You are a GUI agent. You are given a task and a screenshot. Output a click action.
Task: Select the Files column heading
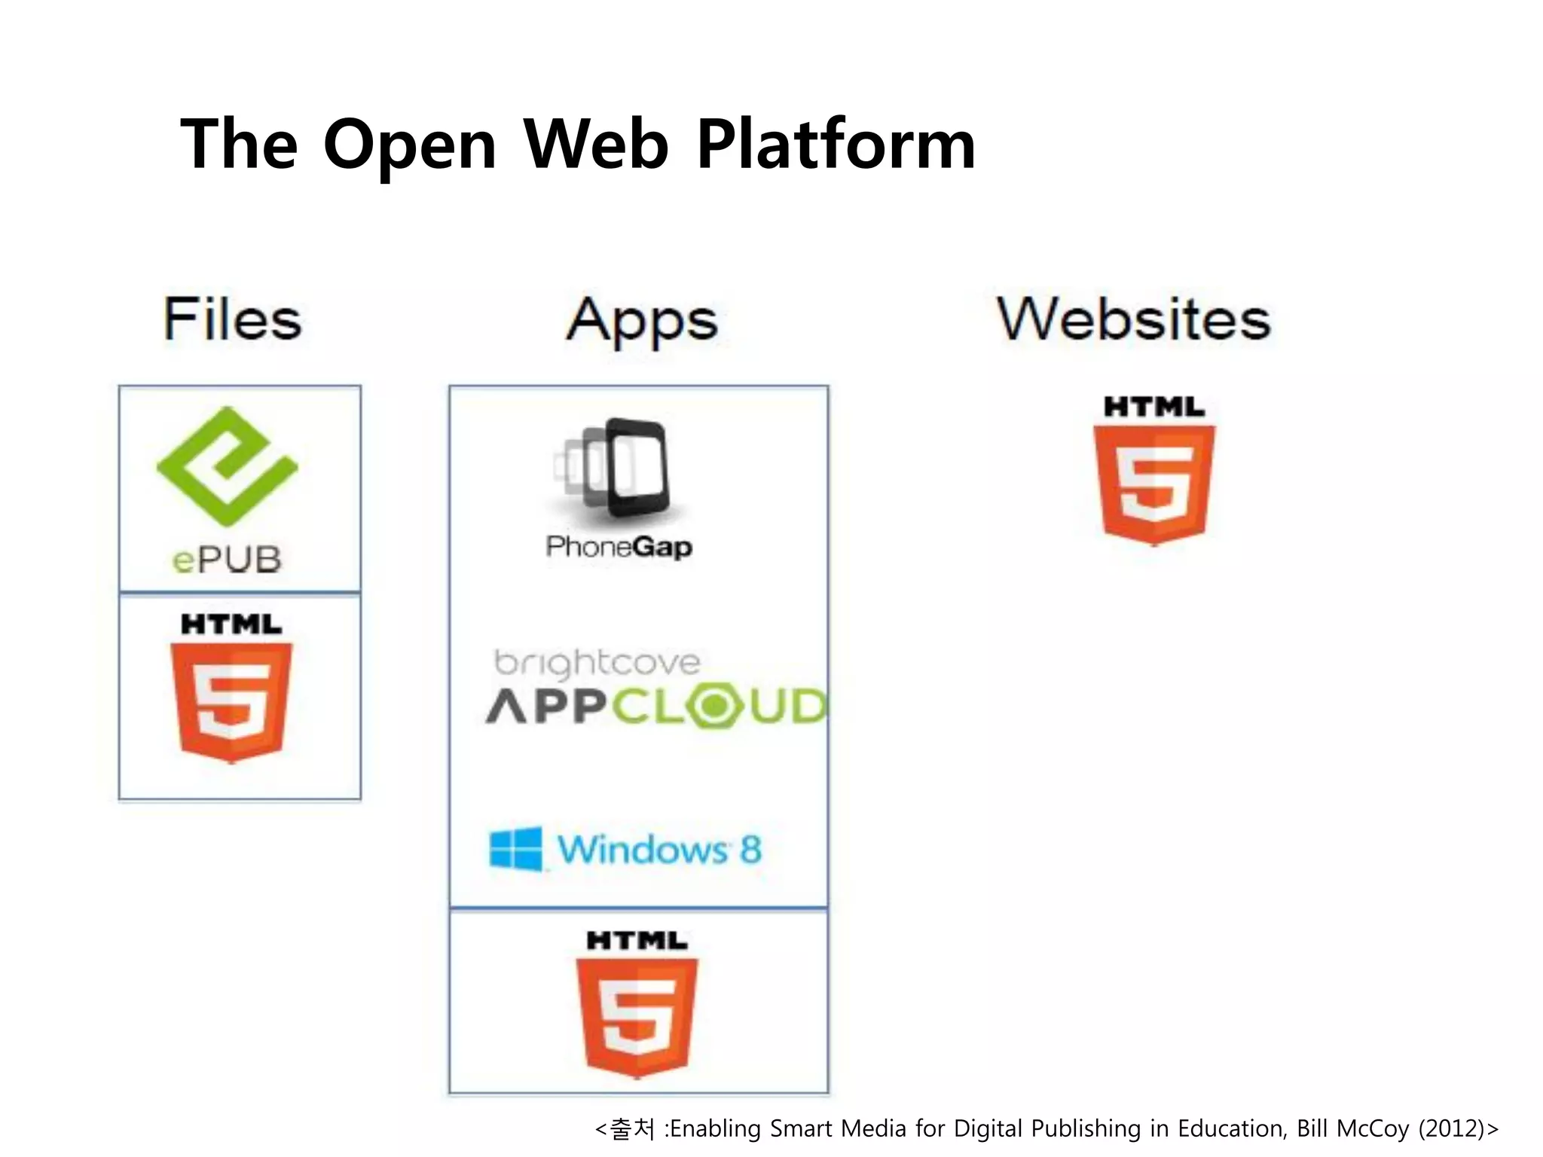[233, 320]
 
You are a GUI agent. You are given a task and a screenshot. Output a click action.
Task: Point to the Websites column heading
[1134, 320]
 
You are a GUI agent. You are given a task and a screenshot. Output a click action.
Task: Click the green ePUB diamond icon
[227, 466]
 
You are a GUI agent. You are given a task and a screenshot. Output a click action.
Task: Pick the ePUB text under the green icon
[227, 560]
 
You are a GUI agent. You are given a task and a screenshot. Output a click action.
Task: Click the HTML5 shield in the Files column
[231, 701]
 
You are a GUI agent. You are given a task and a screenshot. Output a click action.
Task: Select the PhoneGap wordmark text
[619, 547]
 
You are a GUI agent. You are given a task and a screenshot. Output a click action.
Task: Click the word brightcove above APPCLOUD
[597, 663]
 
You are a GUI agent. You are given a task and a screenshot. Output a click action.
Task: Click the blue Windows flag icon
[516, 849]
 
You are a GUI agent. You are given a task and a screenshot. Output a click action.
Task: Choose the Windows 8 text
[659, 850]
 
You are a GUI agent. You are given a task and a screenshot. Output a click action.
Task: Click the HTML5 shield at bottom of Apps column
[637, 1016]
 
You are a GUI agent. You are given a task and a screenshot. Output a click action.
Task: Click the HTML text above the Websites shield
[1154, 408]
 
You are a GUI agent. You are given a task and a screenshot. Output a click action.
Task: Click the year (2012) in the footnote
[1456, 1128]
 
